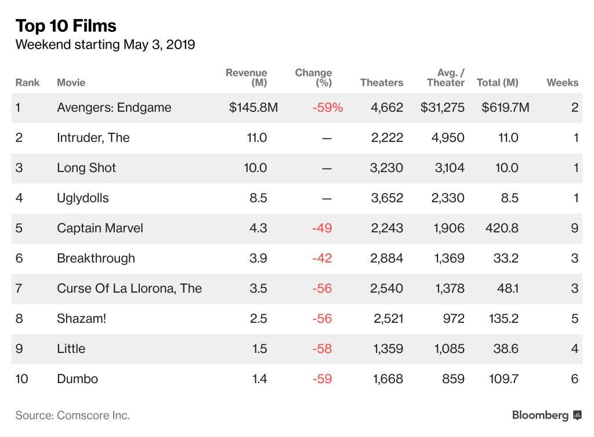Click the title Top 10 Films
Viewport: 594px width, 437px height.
pyautogui.click(x=66, y=26)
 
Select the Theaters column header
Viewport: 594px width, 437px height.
pyautogui.click(x=381, y=83)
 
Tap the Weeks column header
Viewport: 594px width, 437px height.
pyautogui.click(x=562, y=83)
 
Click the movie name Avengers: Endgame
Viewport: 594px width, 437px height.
pyautogui.click(x=114, y=108)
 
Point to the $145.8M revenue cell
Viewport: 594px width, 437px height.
pyautogui.click(x=253, y=108)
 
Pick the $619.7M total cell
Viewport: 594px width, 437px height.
pyautogui.click(x=505, y=108)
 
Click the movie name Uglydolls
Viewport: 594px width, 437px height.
pyautogui.click(x=82, y=198)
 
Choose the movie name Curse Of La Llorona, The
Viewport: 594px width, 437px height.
pyautogui.click(x=129, y=289)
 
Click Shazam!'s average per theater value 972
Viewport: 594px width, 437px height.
pyautogui.click(x=453, y=319)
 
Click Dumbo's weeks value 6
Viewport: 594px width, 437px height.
pyautogui.click(x=574, y=379)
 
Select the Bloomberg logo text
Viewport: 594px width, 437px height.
pyautogui.click(x=540, y=416)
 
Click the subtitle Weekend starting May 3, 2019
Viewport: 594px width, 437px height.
pyautogui.click(x=105, y=45)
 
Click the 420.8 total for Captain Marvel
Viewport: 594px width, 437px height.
pyautogui.click(x=501, y=228)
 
